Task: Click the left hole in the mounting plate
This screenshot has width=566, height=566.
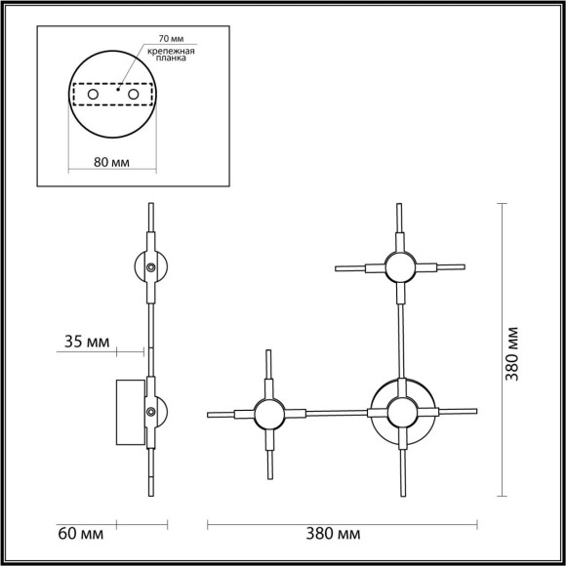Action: pos(95,95)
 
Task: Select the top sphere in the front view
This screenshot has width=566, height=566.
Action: pos(398,265)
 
